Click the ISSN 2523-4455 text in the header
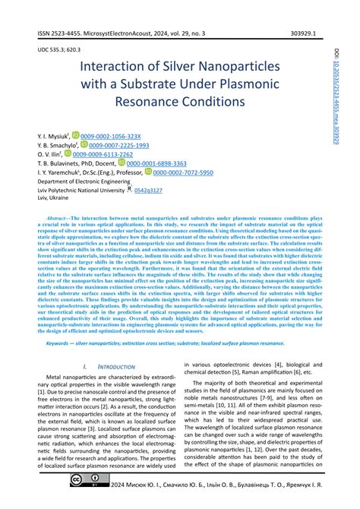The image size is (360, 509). (62, 35)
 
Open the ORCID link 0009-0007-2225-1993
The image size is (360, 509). (118, 144)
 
